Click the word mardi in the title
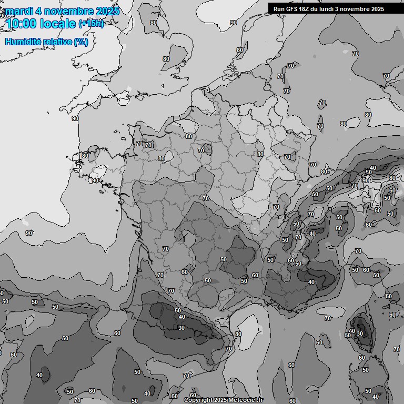19,11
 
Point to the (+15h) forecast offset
91,23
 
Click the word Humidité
22,42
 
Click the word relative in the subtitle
56,42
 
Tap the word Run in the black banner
279,9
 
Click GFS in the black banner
292,9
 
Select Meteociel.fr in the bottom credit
245,400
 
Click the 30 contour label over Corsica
360,334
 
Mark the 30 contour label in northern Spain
181,328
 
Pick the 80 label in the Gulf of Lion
238,334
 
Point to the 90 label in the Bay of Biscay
29,233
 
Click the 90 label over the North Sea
233,23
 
